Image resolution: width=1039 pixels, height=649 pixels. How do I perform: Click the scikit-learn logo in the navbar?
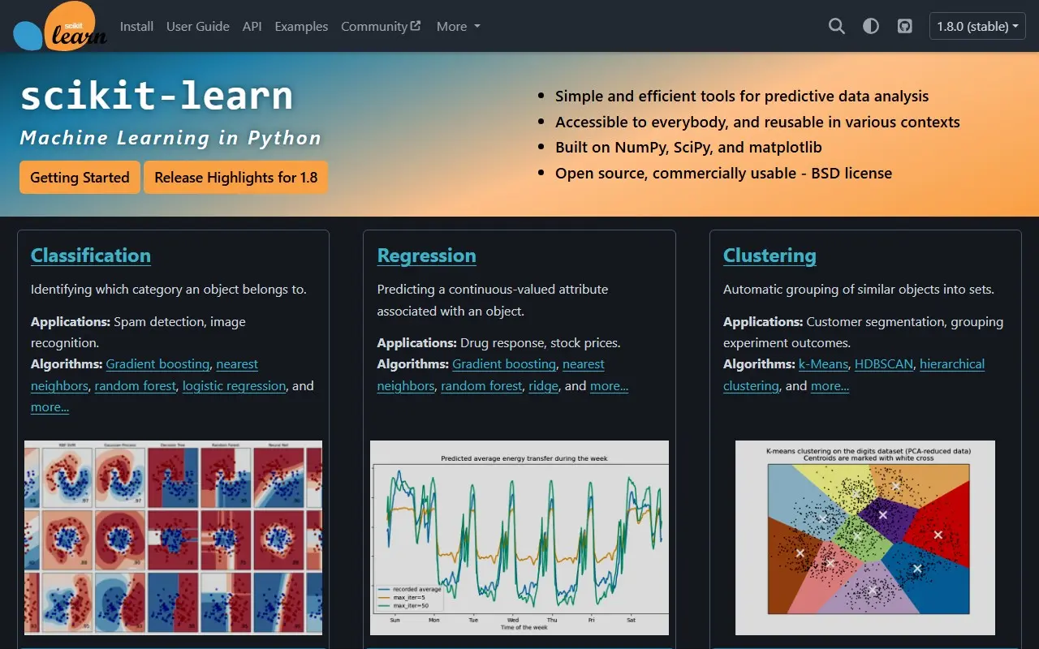[60, 28]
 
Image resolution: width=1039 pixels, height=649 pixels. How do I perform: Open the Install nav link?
[136, 26]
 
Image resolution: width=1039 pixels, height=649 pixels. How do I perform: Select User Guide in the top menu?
[197, 26]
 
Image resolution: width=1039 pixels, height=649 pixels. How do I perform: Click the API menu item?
[252, 26]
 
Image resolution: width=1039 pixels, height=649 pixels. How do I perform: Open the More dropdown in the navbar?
[458, 26]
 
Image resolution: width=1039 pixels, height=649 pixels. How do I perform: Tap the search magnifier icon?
[836, 26]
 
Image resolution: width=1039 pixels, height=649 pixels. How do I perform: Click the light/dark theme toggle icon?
[871, 26]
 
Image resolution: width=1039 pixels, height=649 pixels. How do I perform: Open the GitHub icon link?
[905, 26]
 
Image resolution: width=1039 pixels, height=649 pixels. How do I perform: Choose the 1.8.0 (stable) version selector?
[977, 26]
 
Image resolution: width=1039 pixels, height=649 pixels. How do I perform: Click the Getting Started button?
[80, 177]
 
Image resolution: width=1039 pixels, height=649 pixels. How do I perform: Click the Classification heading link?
[91, 256]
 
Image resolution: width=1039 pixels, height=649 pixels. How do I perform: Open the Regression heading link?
[426, 256]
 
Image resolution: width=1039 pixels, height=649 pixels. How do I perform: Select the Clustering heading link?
[770, 256]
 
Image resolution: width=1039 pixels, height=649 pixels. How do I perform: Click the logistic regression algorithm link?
[234, 386]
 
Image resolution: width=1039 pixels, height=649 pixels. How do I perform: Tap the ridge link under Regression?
[543, 386]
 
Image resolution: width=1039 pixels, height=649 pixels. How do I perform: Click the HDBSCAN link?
[884, 364]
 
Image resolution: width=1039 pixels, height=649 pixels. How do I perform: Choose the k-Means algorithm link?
[822, 364]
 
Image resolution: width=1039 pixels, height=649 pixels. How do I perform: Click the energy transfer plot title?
[524, 458]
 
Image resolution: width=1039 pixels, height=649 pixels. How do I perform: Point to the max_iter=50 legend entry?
[411, 605]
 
